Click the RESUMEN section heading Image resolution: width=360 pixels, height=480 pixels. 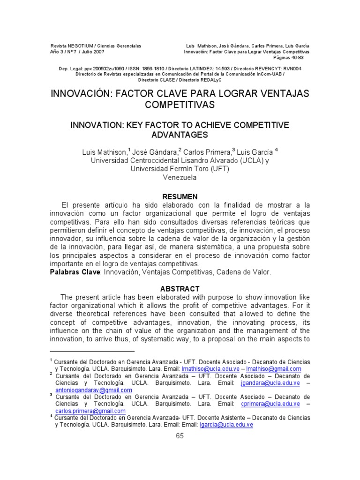point(180,196)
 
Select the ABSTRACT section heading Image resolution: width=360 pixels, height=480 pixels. point(180,289)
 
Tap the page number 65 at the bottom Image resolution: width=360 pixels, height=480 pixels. point(180,435)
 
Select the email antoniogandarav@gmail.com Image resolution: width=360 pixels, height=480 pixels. point(94,390)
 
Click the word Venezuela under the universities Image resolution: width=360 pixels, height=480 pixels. point(180,178)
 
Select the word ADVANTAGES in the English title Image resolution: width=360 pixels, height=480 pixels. point(180,135)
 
